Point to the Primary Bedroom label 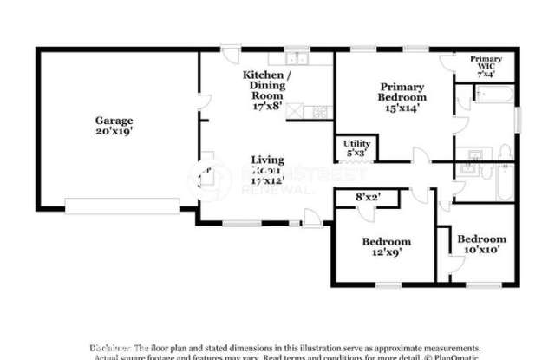(402, 92)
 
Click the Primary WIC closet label (486, 62)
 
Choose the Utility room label (356, 143)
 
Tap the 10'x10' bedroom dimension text (481, 250)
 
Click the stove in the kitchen (320, 110)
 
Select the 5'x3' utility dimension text (356, 153)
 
